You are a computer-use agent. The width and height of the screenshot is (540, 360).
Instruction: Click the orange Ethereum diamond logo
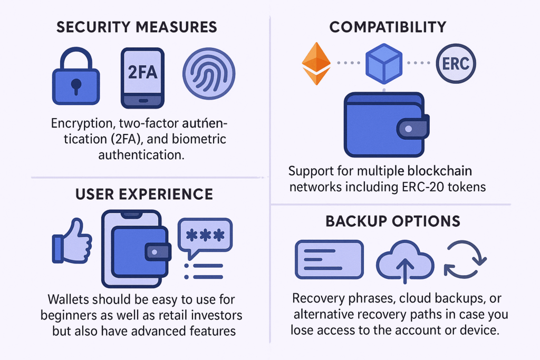click(316, 63)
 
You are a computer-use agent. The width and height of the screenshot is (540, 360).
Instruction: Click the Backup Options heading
click(392, 221)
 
